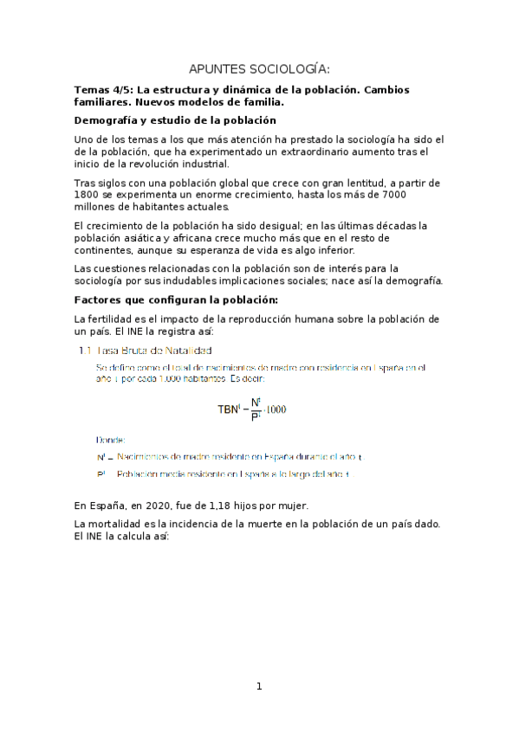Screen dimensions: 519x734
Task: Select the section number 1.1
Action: [85, 351]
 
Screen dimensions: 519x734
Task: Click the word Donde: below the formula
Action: [111, 440]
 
